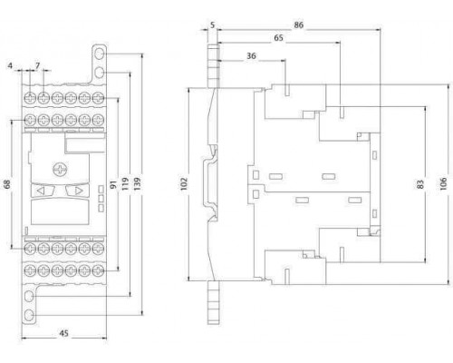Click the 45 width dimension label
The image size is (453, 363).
[x=63, y=333]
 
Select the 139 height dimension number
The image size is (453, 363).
[x=137, y=183]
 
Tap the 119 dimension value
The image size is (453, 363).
[x=125, y=183]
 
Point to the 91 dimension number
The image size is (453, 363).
[x=113, y=184]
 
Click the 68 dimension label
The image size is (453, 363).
[x=6, y=184]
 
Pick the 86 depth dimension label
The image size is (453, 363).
[x=298, y=25]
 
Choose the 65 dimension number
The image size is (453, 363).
[x=278, y=38]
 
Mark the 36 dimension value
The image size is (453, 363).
[x=251, y=55]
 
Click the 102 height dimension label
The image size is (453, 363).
[x=184, y=184]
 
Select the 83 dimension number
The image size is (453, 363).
[x=420, y=184]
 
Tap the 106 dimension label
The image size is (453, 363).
[x=443, y=184]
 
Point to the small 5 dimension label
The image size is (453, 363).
[x=213, y=25]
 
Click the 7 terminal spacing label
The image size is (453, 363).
[x=37, y=65]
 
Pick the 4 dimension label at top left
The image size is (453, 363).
[x=10, y=65]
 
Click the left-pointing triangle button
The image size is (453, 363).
[x=42, y=191]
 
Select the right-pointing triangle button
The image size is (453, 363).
[x=77, y=191]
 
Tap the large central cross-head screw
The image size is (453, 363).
[x=61, y=170]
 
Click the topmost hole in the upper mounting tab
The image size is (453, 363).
[x=99, y=54]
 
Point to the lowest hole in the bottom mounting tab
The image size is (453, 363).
[x=29, y=316]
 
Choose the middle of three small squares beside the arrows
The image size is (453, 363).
[x=101, y=199]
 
